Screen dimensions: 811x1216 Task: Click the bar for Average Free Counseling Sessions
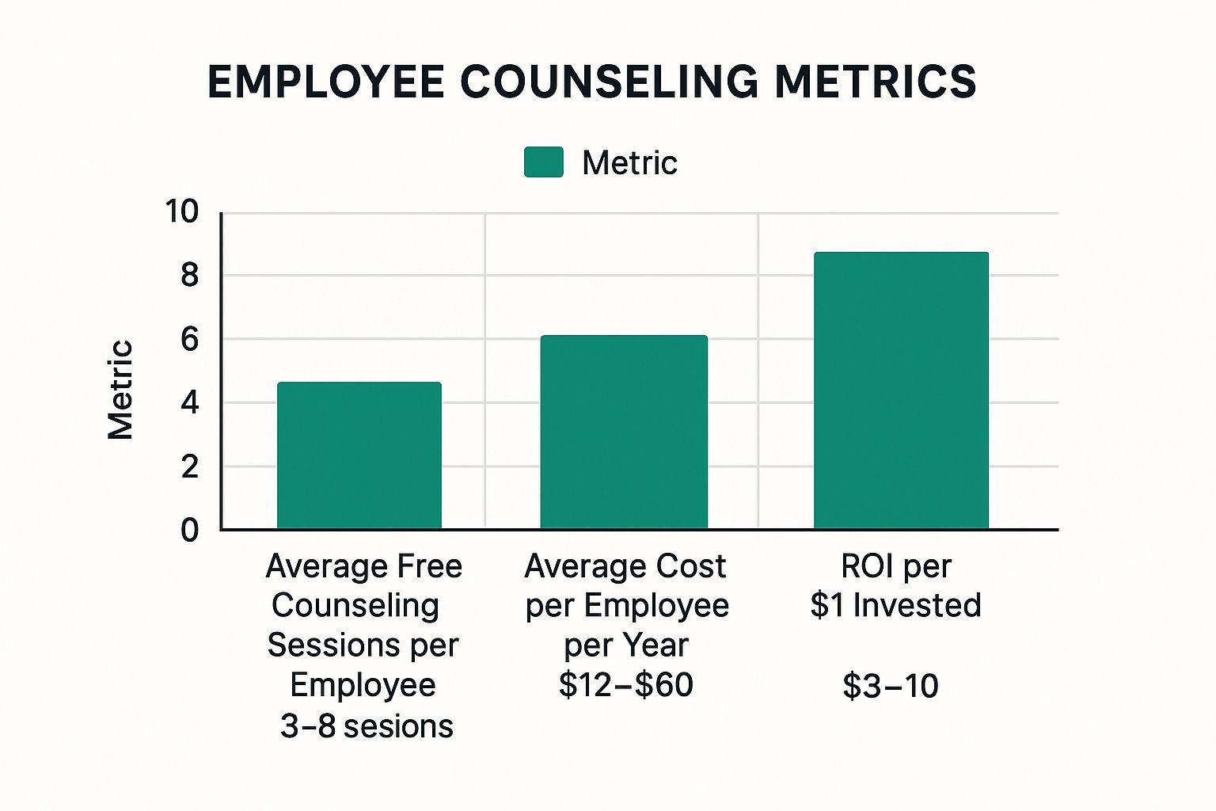click(359, 455)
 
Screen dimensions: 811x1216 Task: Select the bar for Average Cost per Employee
click(624, 432)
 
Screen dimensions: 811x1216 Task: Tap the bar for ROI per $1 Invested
click(901, 390)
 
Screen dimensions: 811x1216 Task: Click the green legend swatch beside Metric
click(544, 162)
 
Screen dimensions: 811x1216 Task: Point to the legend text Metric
click(629, 163)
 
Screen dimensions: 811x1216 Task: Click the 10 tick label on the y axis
click(181, 211)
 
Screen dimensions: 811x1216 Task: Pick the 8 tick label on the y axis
click(189, 276)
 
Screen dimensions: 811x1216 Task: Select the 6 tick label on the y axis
click(189, 340)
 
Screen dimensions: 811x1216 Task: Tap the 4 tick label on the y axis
click(189, 403)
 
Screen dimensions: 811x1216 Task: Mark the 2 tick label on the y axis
click(189, 467)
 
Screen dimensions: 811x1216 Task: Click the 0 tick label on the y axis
click(189, 531)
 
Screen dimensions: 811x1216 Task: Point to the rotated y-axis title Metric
click(120, 390)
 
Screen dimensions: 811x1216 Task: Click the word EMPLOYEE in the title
click(326, 82)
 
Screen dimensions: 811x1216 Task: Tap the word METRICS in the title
click(876, 82)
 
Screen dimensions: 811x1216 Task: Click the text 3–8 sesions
click(367, 725)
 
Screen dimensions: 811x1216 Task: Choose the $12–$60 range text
click(625, 685)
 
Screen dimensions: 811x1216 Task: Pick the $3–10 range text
click(891, 686)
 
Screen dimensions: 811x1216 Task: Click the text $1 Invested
click(895, 605)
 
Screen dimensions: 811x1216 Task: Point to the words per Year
click(625, 645)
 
